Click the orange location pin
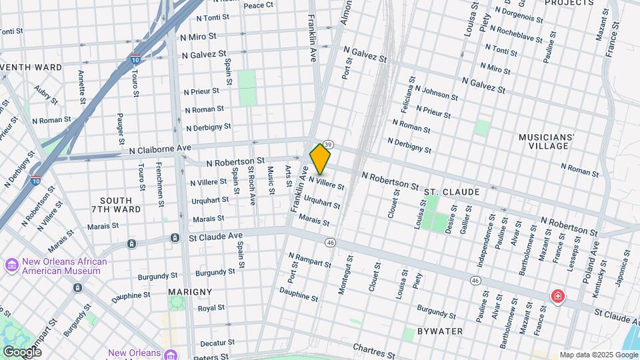click(320, 159)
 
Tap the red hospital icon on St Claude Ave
click(557, 296)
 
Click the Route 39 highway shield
click(328, 145)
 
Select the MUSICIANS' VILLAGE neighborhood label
click(547, 142)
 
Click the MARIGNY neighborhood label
click(190, 292)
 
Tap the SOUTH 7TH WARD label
click(121, 205)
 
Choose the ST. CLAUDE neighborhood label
click(451, 192)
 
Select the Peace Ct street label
click(259, 5)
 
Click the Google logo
click(21, 351)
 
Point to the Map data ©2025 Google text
click(598, 355)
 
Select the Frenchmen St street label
click(159, 183)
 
